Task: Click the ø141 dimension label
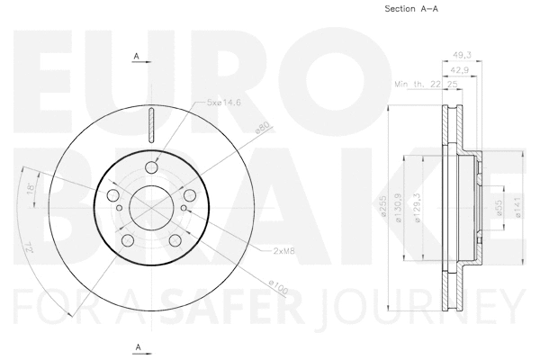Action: [515, 209]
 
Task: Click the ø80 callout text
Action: [261, 127]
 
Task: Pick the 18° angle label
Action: [32, 188]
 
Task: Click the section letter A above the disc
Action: [136, 57]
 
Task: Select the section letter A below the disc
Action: [137, 346]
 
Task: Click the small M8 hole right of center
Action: [184, 210]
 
